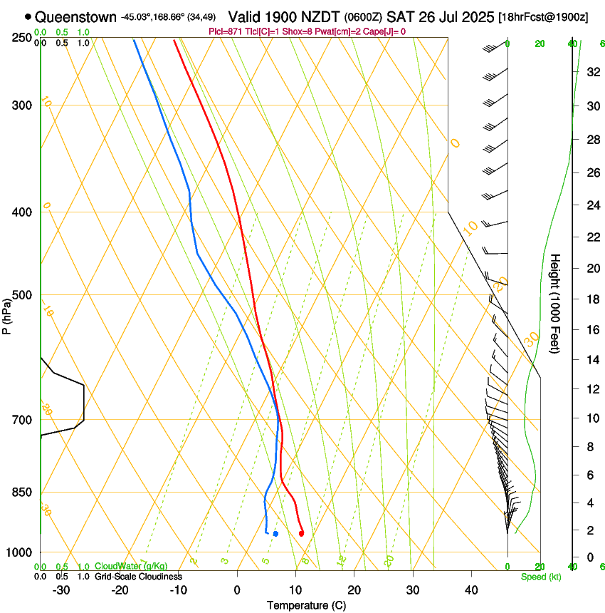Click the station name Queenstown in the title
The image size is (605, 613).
coord(75,16)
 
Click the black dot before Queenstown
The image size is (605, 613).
coord(28,16)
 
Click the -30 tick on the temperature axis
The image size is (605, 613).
coord(60,590)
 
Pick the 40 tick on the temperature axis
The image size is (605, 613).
coord(471,590)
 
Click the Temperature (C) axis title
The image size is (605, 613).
coord(305,605)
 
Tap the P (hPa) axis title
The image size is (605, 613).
coord(6,314)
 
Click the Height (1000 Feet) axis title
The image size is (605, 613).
coord(556,303)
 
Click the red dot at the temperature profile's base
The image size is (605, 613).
coord(301,533)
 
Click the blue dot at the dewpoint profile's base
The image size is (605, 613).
coord(275,534)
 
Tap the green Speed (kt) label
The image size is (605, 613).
coord(540,577)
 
